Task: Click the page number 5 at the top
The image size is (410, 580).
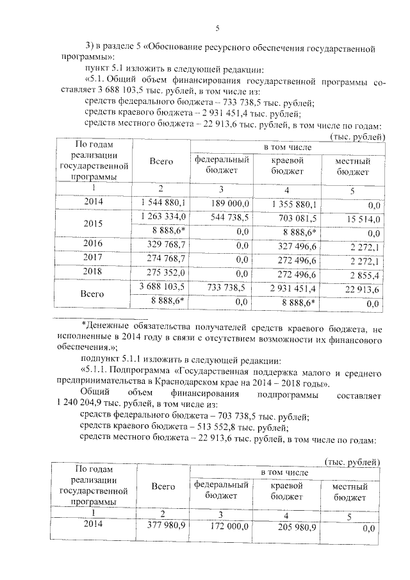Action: (217, 28)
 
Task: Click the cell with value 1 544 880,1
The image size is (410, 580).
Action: (163, 203)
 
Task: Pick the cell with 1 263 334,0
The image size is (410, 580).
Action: (163, 217)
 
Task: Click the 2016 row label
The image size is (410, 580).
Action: (94, 244)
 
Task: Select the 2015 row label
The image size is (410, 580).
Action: (94, 224)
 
